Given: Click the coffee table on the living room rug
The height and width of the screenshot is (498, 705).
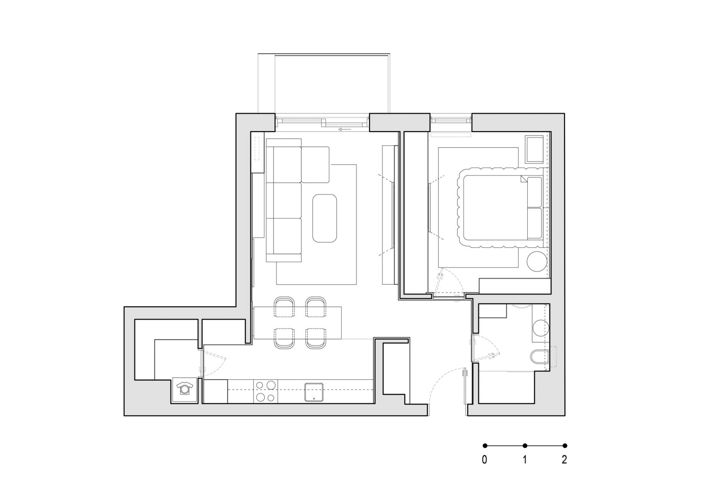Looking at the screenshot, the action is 325,218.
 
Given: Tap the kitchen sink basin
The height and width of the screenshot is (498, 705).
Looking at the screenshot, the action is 314,392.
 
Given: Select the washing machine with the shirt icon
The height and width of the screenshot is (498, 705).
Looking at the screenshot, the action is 185,390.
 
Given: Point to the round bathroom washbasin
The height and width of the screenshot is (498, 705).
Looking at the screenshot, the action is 541,328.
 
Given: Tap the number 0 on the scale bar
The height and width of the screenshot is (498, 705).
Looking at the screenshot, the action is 485,459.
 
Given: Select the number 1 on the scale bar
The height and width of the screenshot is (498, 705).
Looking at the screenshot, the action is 525,459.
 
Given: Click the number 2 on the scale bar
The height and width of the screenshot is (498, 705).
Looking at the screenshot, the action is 564,459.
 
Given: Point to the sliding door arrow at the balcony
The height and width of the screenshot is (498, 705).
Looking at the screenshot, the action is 345,129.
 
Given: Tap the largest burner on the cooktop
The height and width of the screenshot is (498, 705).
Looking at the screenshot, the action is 271,385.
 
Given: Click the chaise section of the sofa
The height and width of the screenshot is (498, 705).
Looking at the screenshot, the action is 315,164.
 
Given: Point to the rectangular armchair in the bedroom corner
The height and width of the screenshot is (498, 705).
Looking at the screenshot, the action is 534,149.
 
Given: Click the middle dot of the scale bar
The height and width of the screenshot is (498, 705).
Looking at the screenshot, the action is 525,446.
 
